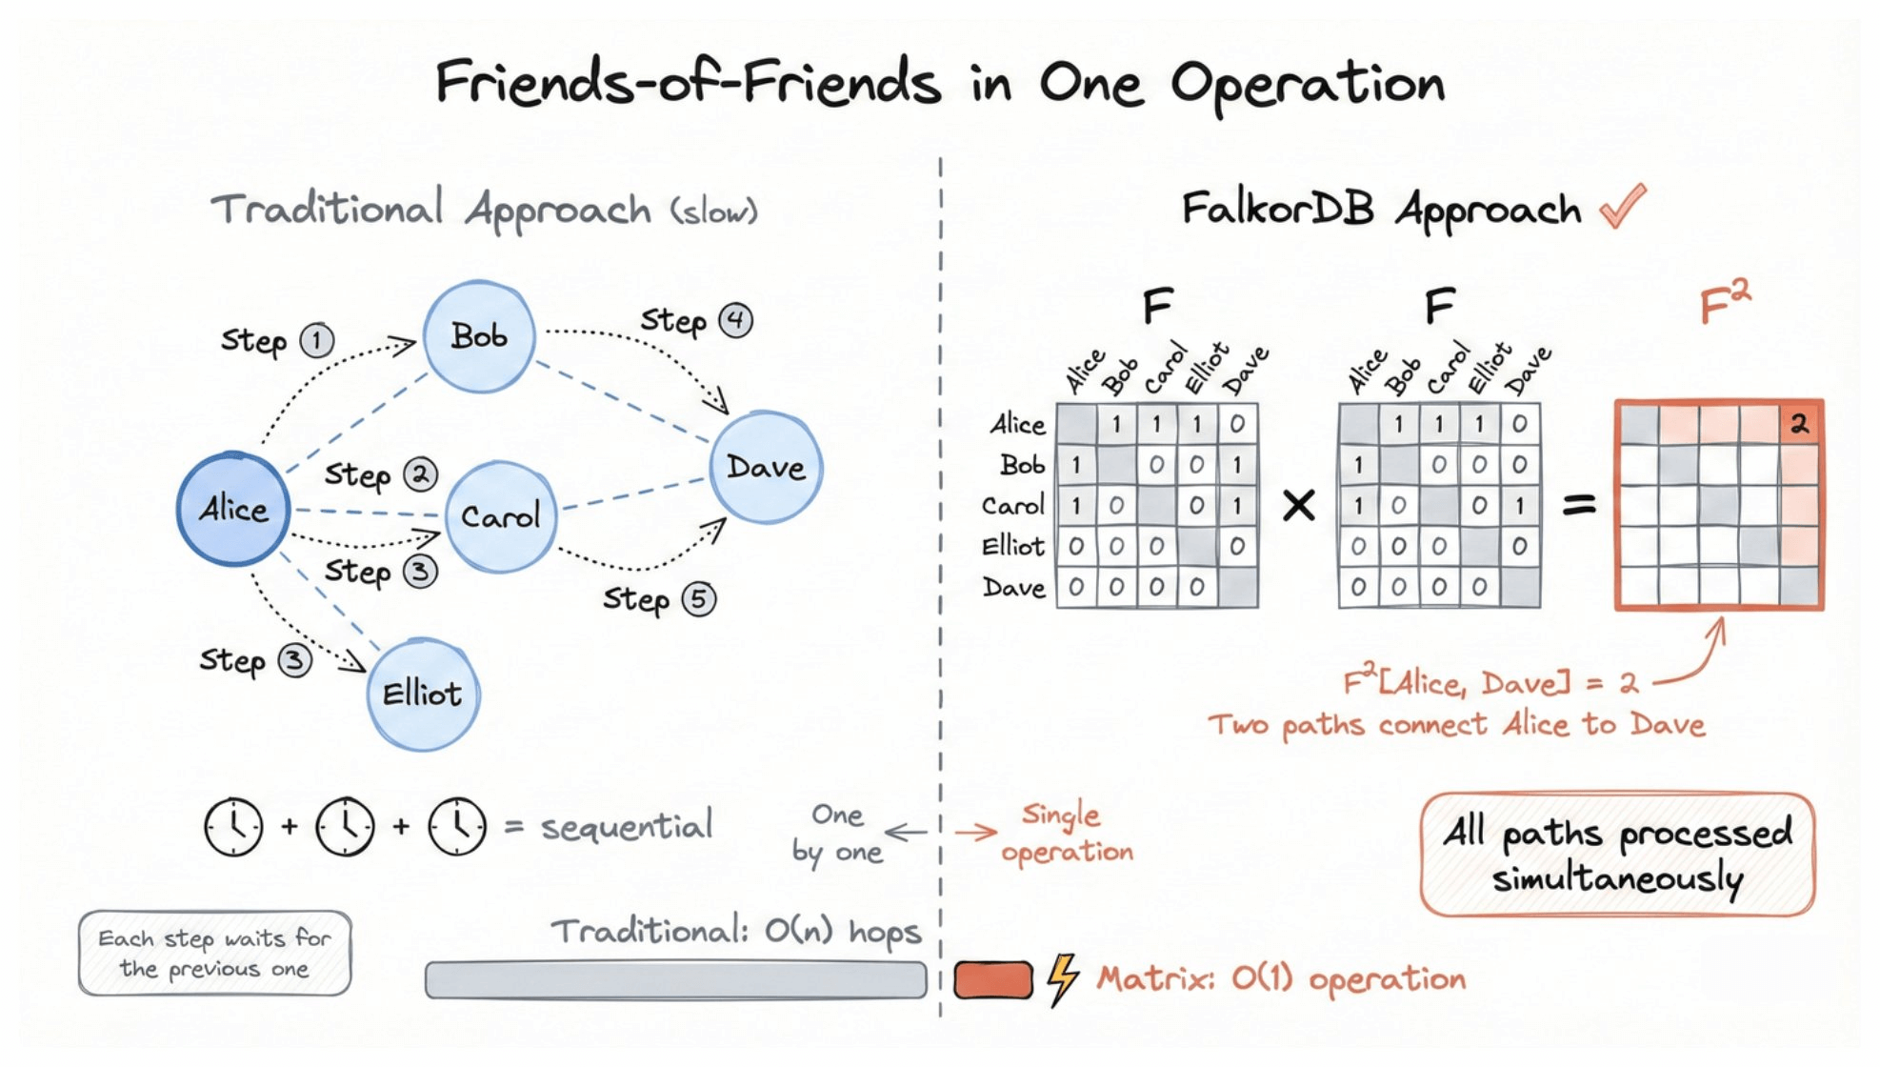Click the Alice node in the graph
point(232,509)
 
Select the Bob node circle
point(478,336)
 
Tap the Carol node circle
point(500,516)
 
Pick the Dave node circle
point(766,467)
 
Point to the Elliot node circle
point(423,694)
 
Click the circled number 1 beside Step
point(317,341)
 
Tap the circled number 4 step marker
point(735,320)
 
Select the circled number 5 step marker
point(699,599)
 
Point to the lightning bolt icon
point(1062,979)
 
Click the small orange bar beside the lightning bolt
point(993,979)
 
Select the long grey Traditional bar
point(675,979)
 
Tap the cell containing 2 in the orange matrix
point(1799,424)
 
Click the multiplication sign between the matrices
point(1298,505)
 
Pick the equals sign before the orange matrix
point(1578,505)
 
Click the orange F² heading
point(1725,304)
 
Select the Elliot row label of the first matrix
point(1013,546)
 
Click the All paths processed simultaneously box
point(1617,854)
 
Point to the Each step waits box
point(214,954)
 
